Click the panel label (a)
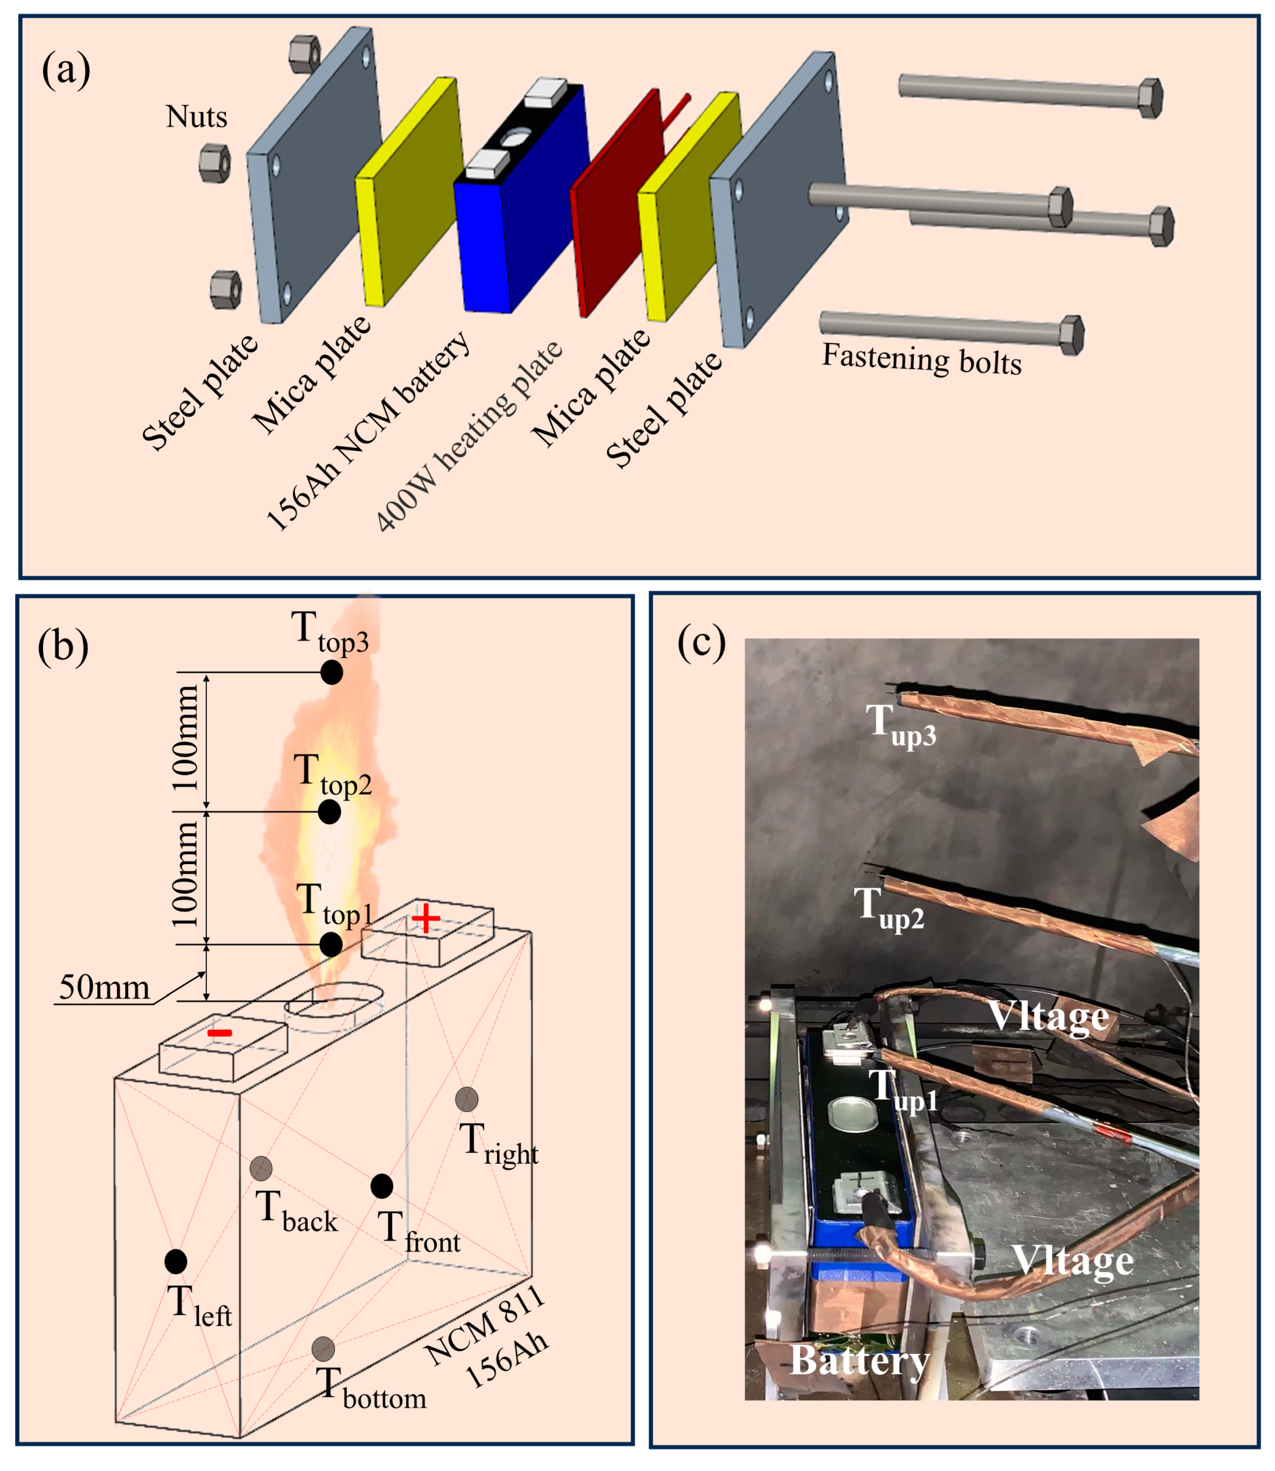coord(66,71)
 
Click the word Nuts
coord(197,117)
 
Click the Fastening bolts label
coord(922,359)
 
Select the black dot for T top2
coord(329,811)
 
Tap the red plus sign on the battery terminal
coord(426,919)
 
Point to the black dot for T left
coord(176,1261)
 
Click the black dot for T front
coord(382,1186)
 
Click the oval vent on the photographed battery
coord(852,1116)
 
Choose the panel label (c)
coord(701,643)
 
